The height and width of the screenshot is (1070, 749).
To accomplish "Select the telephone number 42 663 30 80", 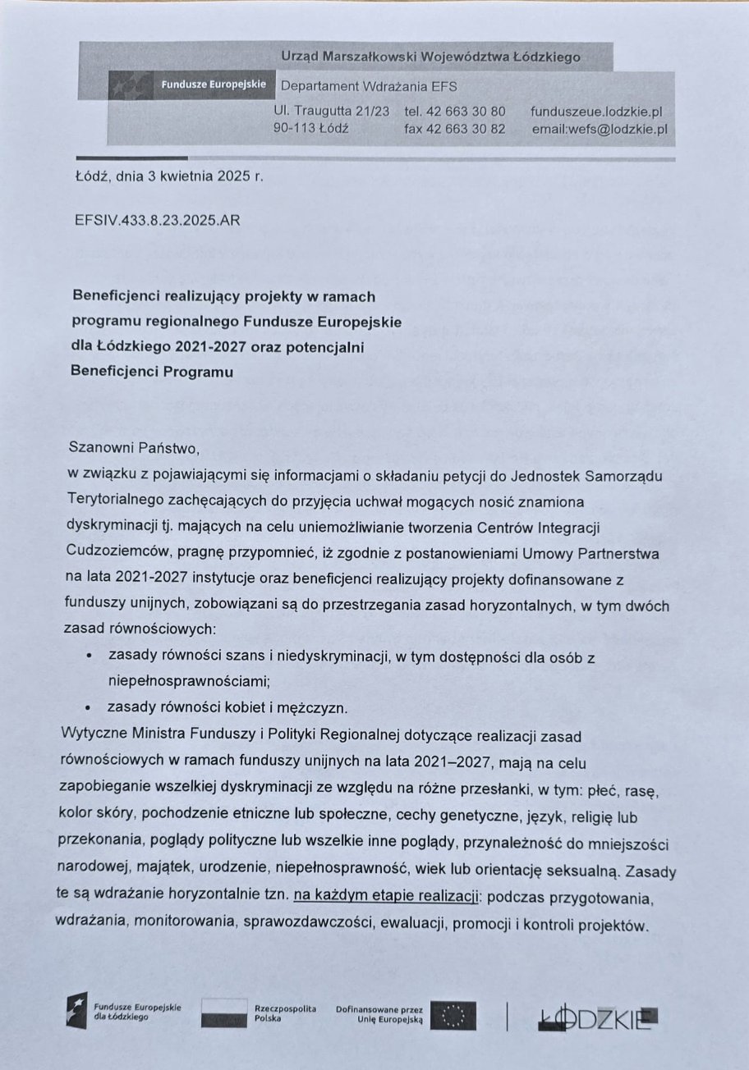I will (x=455, y=111).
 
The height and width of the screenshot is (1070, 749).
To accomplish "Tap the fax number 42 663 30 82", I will (x=455, y=129).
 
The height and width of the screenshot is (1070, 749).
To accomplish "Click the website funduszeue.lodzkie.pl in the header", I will (x=597, y=111).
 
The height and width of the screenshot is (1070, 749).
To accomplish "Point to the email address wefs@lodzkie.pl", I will (x=599, y=129).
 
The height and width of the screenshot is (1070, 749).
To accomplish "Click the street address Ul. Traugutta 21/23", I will (x=331, y=111).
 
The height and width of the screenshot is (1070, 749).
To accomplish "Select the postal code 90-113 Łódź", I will (x=311, y=129).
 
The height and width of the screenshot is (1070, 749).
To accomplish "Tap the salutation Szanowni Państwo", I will (x=136, y=448).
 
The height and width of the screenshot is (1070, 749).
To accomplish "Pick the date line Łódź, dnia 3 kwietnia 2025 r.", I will (x=169, y=175).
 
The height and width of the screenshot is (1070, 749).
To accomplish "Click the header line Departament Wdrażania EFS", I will (x=369, y=86).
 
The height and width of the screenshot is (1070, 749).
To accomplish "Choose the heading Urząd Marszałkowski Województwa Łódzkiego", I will (x=430, y=57).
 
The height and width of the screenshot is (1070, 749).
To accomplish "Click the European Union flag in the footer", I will (x=453, y=1017).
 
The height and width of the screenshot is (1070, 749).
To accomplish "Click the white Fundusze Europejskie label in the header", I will (x=208, y=85).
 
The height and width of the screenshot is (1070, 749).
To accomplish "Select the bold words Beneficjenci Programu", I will (x=152, y=372).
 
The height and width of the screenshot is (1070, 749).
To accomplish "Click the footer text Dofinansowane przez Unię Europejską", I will (x=379, y=1013).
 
